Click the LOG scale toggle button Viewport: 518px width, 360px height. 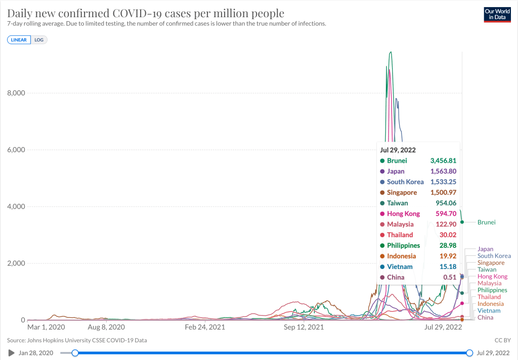[x=39, y=39]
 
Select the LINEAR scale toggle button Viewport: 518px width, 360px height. [x=19, y=39]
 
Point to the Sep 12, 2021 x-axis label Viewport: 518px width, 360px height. [x=304, y=328]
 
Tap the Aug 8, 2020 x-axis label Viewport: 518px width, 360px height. [x=106, y=328]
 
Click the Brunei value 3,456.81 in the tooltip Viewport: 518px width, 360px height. [x=443, y=161]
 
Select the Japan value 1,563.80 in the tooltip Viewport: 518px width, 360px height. [x=443, y=171]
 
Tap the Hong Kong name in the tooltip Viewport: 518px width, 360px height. [x=403, y=214]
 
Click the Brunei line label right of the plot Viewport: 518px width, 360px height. [x=486, y=222]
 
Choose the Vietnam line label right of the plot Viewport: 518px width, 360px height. [x=489, y=311]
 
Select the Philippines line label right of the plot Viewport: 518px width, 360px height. [x=492, y=290]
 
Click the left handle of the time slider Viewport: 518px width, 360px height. [x=75, y=352]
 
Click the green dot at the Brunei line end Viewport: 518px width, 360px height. [x=462, y=222]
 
